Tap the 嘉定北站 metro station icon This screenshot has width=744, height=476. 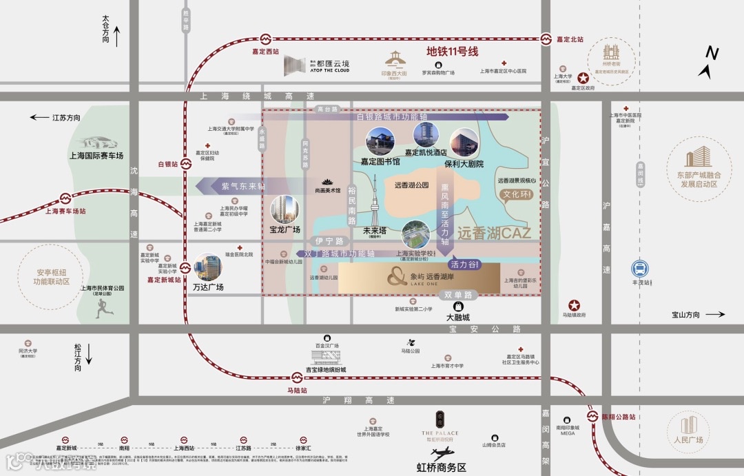[547, 39]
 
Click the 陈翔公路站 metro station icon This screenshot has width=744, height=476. [592, 417]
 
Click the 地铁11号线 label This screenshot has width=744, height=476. [452, 51]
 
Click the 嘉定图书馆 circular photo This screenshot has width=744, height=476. [380, 141]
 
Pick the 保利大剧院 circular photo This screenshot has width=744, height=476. [464, 143]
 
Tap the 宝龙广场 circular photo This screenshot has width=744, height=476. [285, 209]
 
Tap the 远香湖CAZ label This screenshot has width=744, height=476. [494, 234]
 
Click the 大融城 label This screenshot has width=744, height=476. [457, 318]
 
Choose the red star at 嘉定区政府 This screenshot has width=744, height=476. [583, 78]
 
